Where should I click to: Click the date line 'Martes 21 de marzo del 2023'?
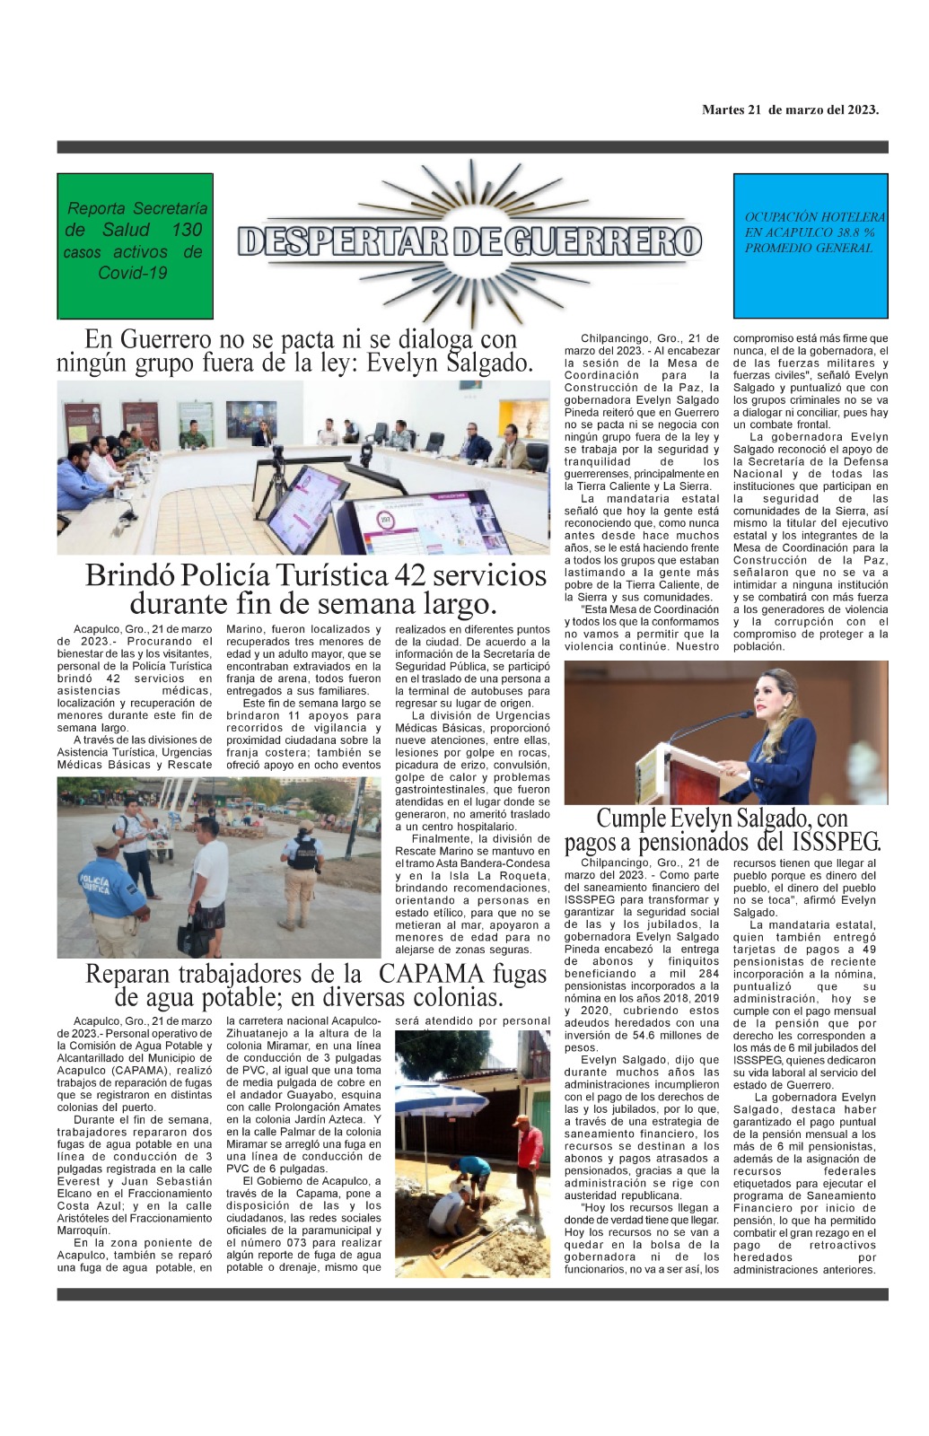pyautogui.click(x=789, y=109)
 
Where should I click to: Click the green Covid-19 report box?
pyautogui.click(x=135, y=246)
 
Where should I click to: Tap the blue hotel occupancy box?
pyautogui.click(x=810, y=246)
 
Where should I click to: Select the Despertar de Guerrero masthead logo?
pyautogui.click(x=469, y=241)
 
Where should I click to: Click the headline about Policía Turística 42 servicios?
pyautogui.click(x=315, y=589)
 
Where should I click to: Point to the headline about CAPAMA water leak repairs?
pyautogui.click(x=315, y=985)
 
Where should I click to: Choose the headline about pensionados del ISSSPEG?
pyautogui.click(x=723, y=830)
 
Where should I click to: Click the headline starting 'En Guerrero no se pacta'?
pyautogui.click(x=296, y=351)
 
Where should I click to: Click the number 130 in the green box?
pyautogui.click(x=187, y=230)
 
